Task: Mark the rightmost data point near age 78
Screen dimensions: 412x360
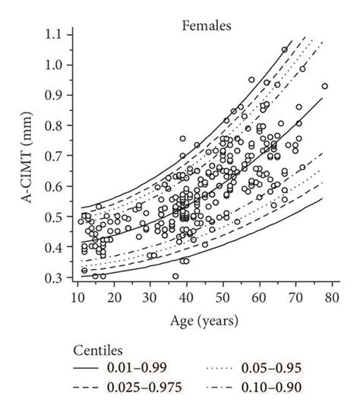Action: pos(325,86)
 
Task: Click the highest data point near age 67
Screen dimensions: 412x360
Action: pos(285,49)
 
